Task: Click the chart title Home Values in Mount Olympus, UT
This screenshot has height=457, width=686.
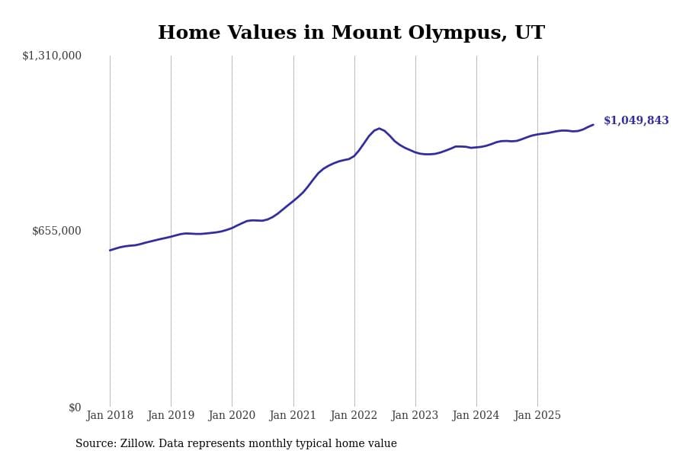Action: [351, 34]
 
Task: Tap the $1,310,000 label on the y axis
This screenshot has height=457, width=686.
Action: [52, 56]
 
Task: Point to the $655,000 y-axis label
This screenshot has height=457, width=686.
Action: [56, 231]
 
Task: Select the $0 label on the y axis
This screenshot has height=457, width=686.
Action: [75, 407]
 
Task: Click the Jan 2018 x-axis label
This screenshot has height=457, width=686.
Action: [110, 416]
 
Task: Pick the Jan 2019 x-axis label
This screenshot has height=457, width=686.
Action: [171, 416]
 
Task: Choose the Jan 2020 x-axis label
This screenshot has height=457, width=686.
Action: [232, 416]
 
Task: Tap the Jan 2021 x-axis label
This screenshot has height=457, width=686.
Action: [293, 416]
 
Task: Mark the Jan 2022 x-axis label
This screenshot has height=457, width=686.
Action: [354, 416]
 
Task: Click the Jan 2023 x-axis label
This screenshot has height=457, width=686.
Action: [415, 416]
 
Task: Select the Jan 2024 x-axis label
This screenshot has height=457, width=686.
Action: [476, 416]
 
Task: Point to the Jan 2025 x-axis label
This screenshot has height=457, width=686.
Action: [537, 416]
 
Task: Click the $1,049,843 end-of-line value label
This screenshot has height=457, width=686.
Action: [636, 121]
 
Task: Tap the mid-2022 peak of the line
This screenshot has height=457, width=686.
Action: [379, 129]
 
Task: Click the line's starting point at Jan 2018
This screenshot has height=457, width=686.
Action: [110, 250]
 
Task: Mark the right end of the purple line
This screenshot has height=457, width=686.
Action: [593, 125]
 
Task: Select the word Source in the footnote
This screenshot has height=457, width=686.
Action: [95, 444]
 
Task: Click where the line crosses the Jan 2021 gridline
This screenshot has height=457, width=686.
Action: [293, 200]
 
